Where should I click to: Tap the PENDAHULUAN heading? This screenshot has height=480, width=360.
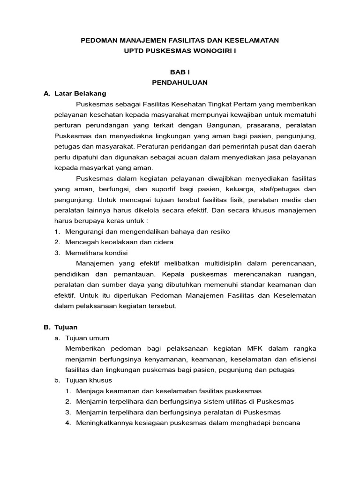[180, 82]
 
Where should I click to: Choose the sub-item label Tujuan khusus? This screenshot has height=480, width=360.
[90, 380]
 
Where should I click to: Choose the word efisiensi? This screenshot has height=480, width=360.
[300, 359]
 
